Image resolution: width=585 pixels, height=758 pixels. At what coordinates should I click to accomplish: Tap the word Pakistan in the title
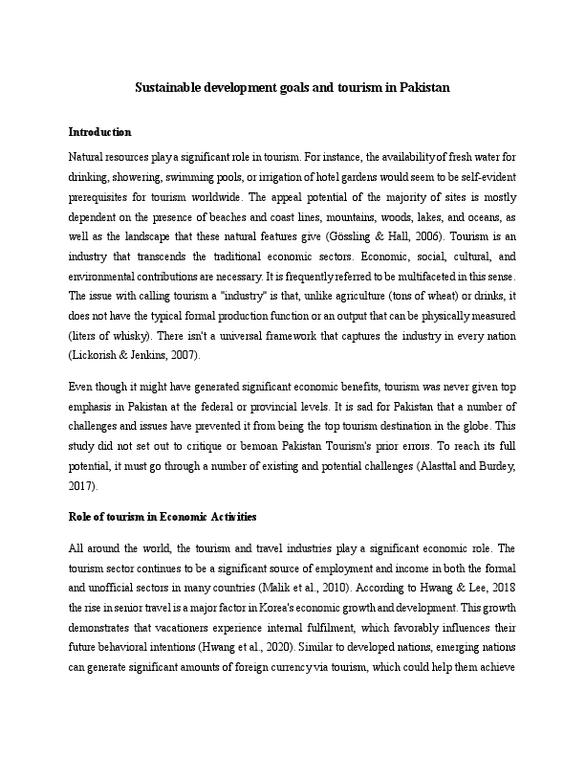[x=422, y=87]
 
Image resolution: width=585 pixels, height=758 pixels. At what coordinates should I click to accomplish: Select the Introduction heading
[x=99, y=131]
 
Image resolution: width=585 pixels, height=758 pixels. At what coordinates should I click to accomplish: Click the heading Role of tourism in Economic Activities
[x=162, y=517]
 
